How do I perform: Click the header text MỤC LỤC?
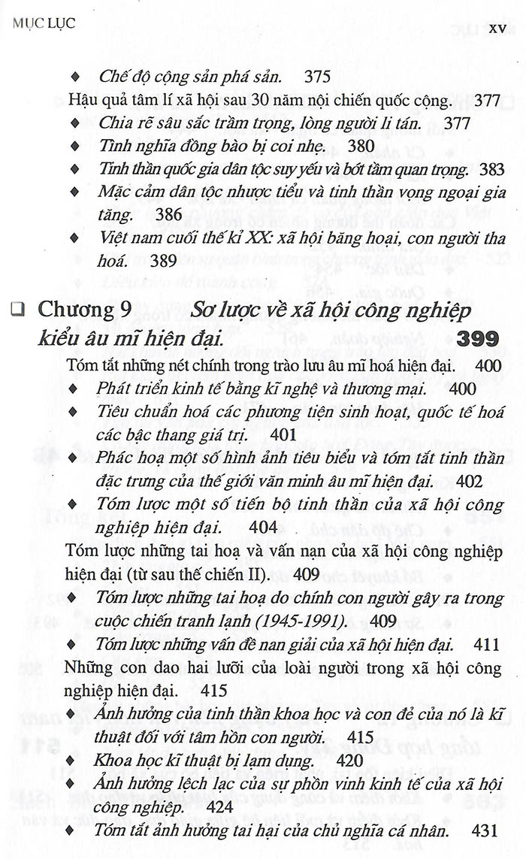point(44,23)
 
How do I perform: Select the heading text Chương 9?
point(84,309)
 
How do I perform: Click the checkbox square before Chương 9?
point(18,308)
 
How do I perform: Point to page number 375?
point(319,76)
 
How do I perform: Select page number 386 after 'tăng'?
point(168,215)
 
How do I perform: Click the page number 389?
point(163,262)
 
